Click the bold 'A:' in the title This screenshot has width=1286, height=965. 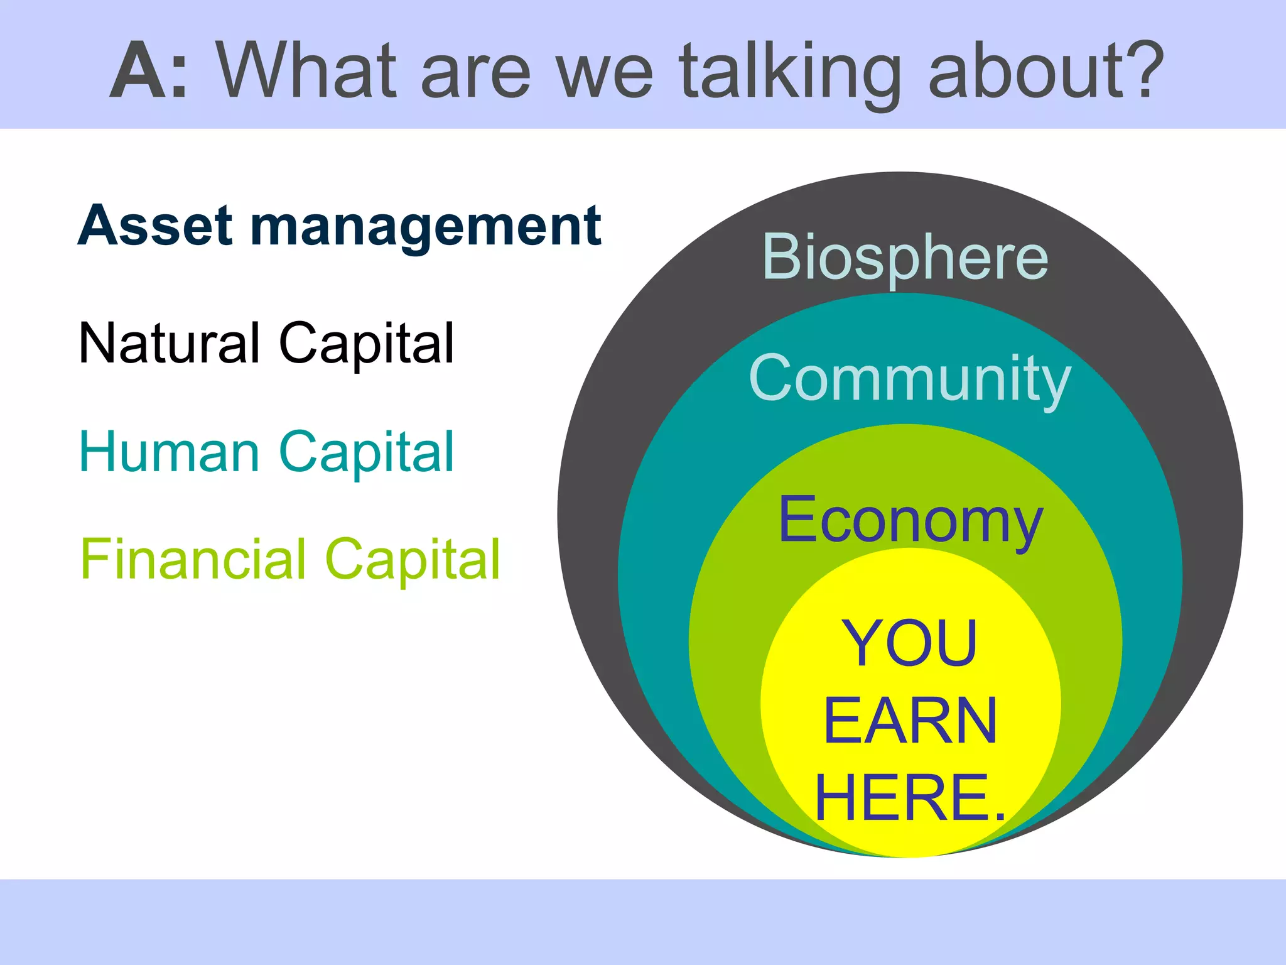click(x=149, y=70)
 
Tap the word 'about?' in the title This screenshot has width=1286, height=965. click(x=1046, y=70)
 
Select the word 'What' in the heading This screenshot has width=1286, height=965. click(x=307, y=70)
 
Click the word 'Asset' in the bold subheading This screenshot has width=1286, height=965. click(x=155, y=226)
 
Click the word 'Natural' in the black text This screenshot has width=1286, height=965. click(x=169, y=343)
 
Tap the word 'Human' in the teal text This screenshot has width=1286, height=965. click(x=169, y=452)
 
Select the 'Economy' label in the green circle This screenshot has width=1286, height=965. click(x=910, y=520)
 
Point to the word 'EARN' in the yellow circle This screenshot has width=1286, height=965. click(x=910, y=721)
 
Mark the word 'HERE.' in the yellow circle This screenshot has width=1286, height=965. click(x=910, y=798)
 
